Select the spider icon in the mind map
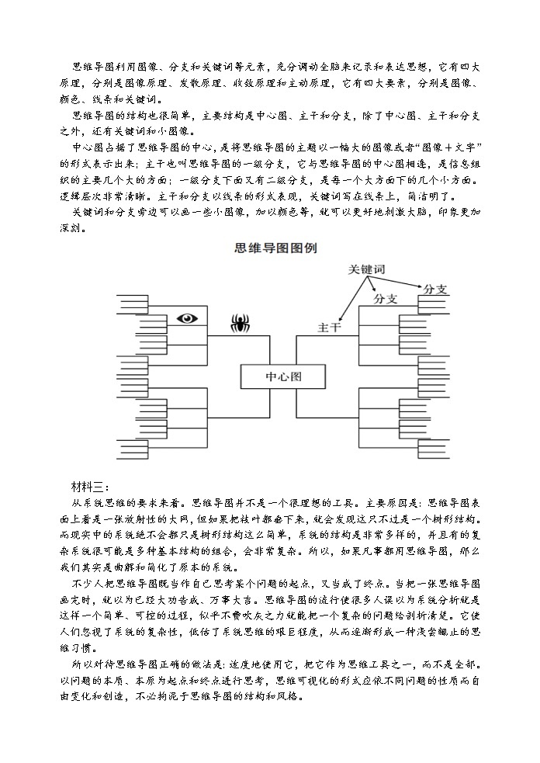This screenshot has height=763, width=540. tap(239, 321)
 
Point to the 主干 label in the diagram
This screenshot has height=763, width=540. tap(329, 328)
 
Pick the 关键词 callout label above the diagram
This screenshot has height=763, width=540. tap(367, 269)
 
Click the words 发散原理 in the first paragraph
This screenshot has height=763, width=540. tap(197, 82)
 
